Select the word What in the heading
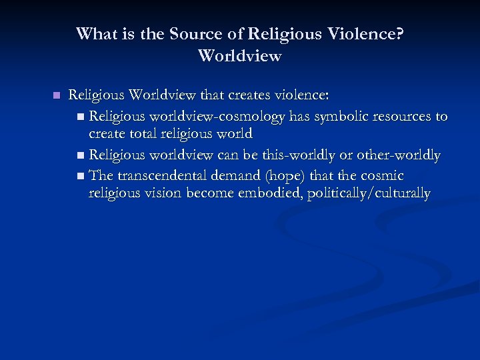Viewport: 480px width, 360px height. (95, 34)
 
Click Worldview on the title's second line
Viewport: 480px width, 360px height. (240, 56)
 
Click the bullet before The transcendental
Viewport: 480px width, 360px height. (81, 175)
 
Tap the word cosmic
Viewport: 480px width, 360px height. (380, 175)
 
